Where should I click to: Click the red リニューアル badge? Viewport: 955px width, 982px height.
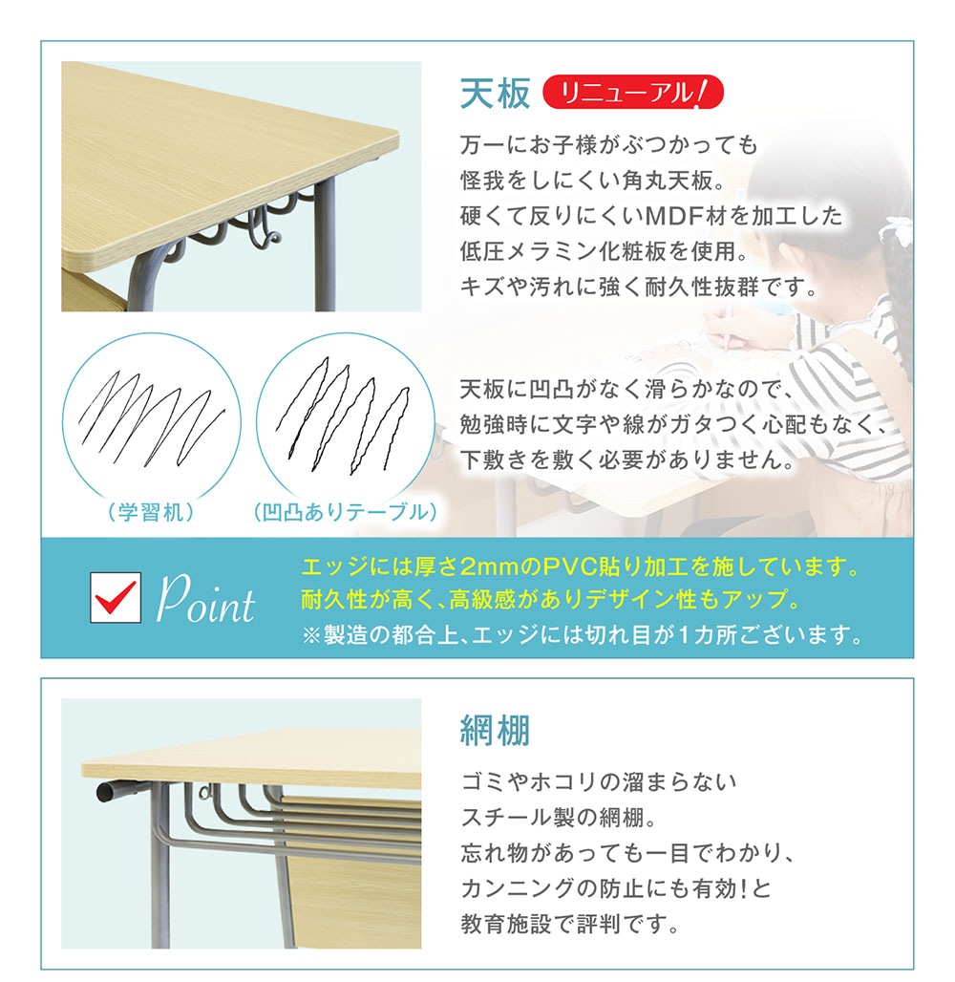pyautogui.click(x=632, y=93)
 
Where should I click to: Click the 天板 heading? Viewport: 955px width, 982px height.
pyautogui.click(x=496, y=94)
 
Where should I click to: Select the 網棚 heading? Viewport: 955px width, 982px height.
pyautogui.click(x=496, y=730)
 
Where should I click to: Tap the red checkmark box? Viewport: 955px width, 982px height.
pyautogui.click(x=116, y=597)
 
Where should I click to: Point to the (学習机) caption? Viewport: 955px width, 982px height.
pyautogui.click(x=151, y=512)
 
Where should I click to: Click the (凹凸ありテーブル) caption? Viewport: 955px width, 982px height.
pyautogui.click(x=345, y=512)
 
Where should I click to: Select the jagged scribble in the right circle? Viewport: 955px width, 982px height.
pyautogui.click(x=343, y=414)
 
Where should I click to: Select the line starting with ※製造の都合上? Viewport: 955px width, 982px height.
pyautogui.click(x=583, y=635)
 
